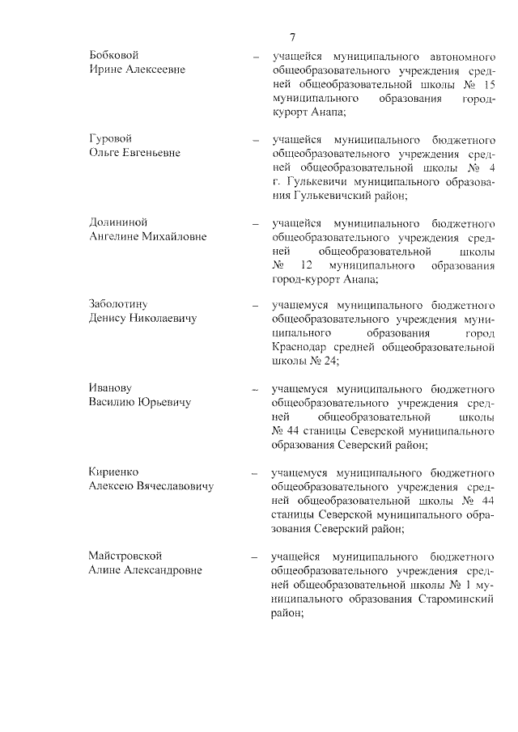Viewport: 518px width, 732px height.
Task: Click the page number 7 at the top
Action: coord(292,36)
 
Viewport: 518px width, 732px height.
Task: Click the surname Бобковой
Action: coord(114,55)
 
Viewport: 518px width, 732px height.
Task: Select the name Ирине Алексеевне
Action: coord(137,70)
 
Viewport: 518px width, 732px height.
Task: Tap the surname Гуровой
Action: coord(110,138)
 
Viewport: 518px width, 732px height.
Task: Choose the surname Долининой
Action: coord(118,222)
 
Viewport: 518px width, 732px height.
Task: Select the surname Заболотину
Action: coord(118,304)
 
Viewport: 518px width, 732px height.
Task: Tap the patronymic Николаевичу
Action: coord(166,319)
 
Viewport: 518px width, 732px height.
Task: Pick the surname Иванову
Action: coord(111,387)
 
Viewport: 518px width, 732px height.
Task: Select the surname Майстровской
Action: coord(125,556)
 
